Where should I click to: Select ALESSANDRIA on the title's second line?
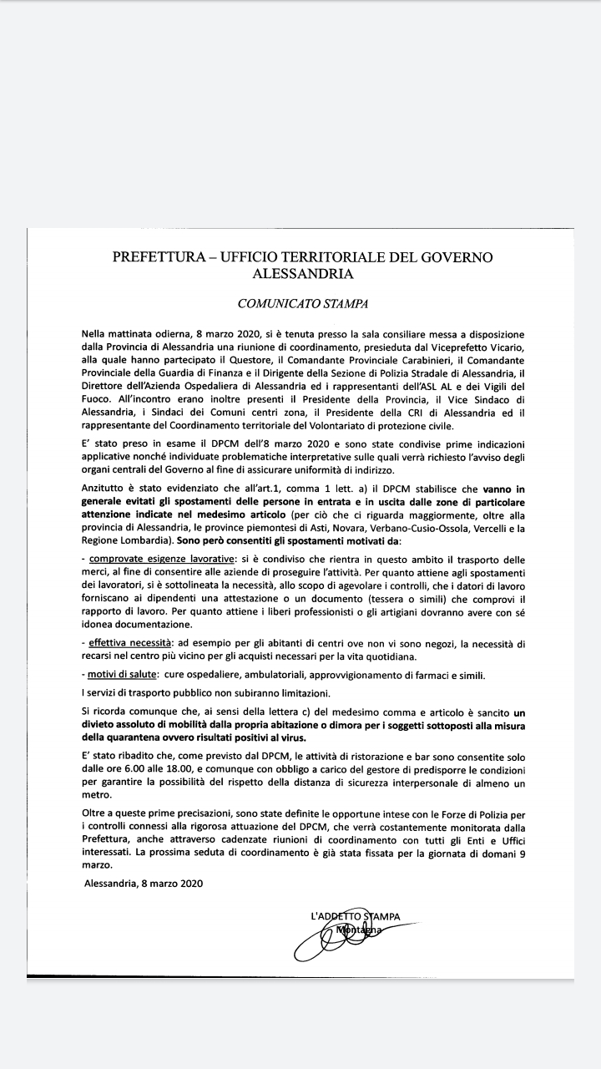click(x=302, y=273)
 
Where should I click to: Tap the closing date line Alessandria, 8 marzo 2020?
click(x=144, y=883)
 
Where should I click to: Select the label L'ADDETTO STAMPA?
click(x=355, y=917)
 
